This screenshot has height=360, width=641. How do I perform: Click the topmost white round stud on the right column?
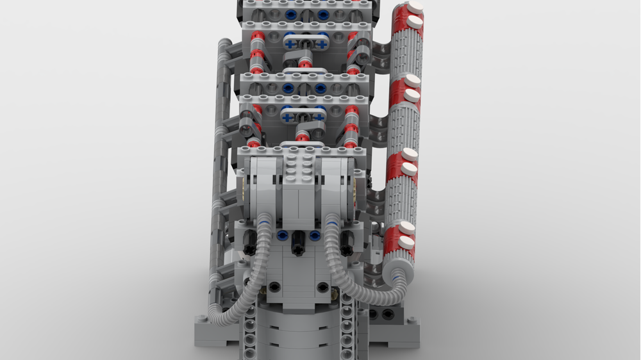415,8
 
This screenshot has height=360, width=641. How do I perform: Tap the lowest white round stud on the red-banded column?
406,242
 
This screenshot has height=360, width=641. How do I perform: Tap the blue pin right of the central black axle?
314,236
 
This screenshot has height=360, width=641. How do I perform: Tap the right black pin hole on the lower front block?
333,293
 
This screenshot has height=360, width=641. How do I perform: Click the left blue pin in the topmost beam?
290,14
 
